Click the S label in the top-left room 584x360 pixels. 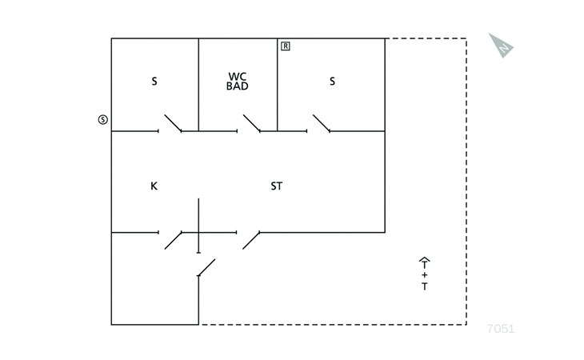(x=154, y=81)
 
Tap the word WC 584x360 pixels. (x=238, y=77)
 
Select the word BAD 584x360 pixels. (x=238, y=86)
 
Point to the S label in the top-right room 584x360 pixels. (x=332, y=81)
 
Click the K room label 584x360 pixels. (x=154, y=186)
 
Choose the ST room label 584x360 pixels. (x=277, y=186)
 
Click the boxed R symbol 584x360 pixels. (x=286, y=46)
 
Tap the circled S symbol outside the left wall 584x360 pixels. (x=102, y=119)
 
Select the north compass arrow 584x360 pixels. (x=501, y=46)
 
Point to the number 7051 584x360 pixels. (x=501, y=329)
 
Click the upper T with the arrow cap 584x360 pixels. (x=424, y=263)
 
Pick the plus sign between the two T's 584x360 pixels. (x=425, y=275)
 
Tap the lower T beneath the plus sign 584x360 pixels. (x=425, y=286)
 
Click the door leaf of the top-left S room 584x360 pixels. (x=173, y=123)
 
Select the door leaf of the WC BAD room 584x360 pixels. (x=252, y=123)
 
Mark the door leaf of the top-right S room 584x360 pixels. (x=322, y=123)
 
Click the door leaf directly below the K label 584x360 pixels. (x=173, y=241)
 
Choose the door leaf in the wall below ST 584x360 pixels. (x=251, y=241)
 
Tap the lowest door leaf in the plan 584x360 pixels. (x=206, y=268)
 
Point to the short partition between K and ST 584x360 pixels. (x=198, y=226)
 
